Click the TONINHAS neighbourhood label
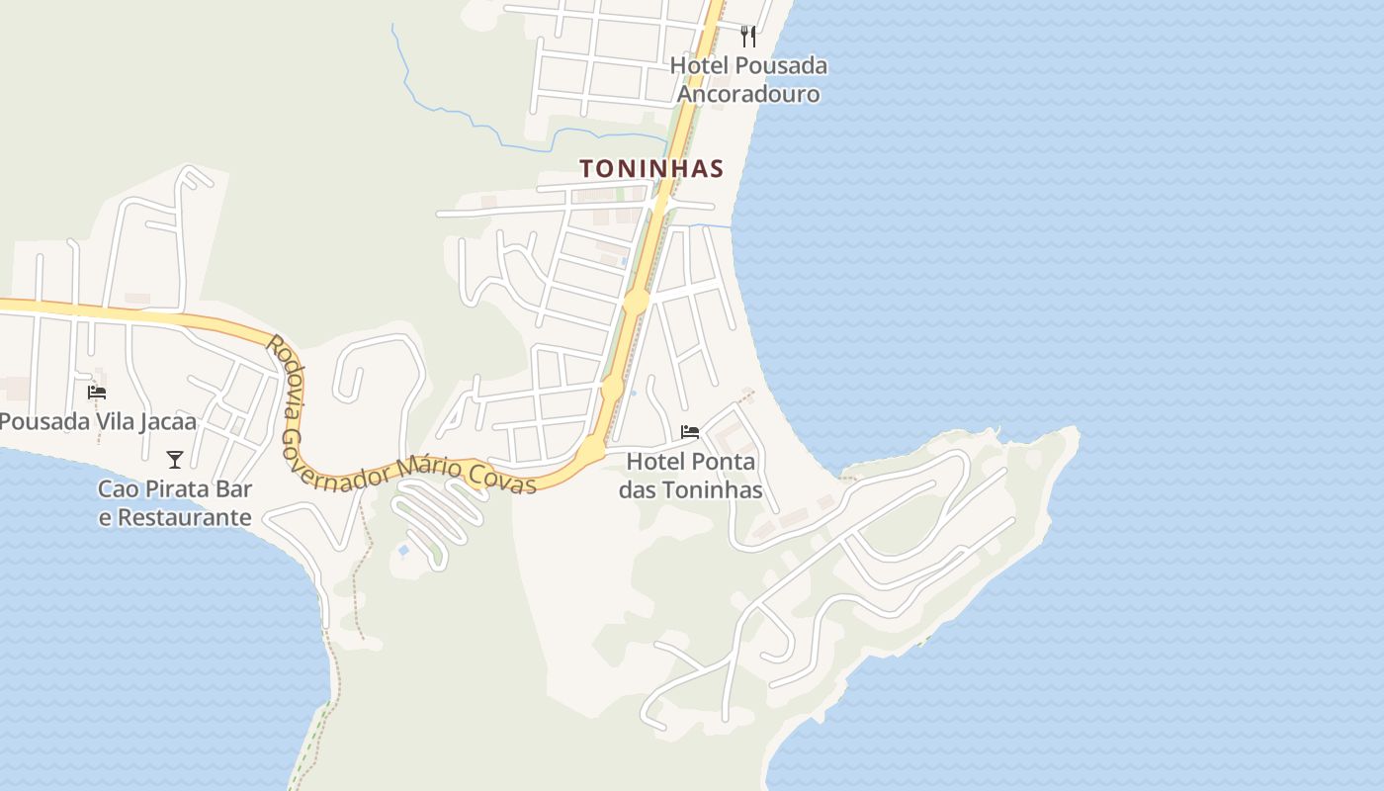click(x=651, y=169)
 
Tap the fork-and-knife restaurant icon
click(x=748, y=37)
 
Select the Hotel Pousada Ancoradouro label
click(x=748, y=80)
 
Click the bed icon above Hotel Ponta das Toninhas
click(x=690, y=432)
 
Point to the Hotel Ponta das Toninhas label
click(x=690, y=476)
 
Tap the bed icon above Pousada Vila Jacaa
click(x=97, y=393)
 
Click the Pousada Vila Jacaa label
click(x=97, y=422)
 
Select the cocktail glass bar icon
click(x=175, y=459)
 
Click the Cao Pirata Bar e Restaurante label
click(x=175, y=503)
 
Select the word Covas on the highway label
click(x=504, y=480)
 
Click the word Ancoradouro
click(x=748, y=94)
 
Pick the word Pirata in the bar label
click(x=181, y=489)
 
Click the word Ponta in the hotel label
click(x=724, y=462)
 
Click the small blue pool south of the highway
click(x=403, y=550)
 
